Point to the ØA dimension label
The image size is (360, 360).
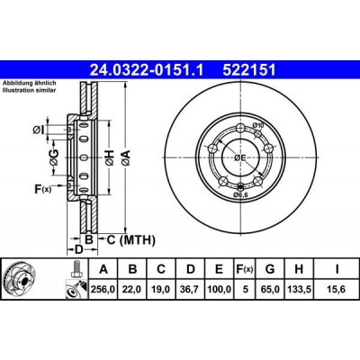[x=129, y=157]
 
